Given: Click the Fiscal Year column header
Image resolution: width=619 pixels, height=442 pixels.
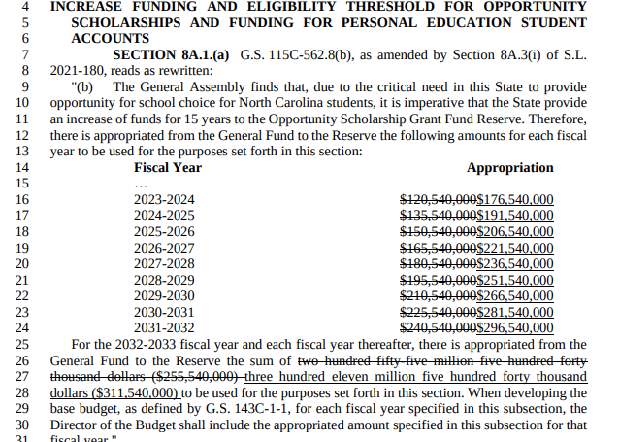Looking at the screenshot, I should point(167,167).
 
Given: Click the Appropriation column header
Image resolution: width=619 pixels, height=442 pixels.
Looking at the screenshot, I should point(509,167).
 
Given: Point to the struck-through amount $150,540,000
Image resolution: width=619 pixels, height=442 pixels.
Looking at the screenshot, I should point(439,231).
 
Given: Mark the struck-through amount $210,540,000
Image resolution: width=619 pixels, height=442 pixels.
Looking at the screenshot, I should point(439,295).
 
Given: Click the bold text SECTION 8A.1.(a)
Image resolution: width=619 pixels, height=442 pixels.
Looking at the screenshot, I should point(171,54).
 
